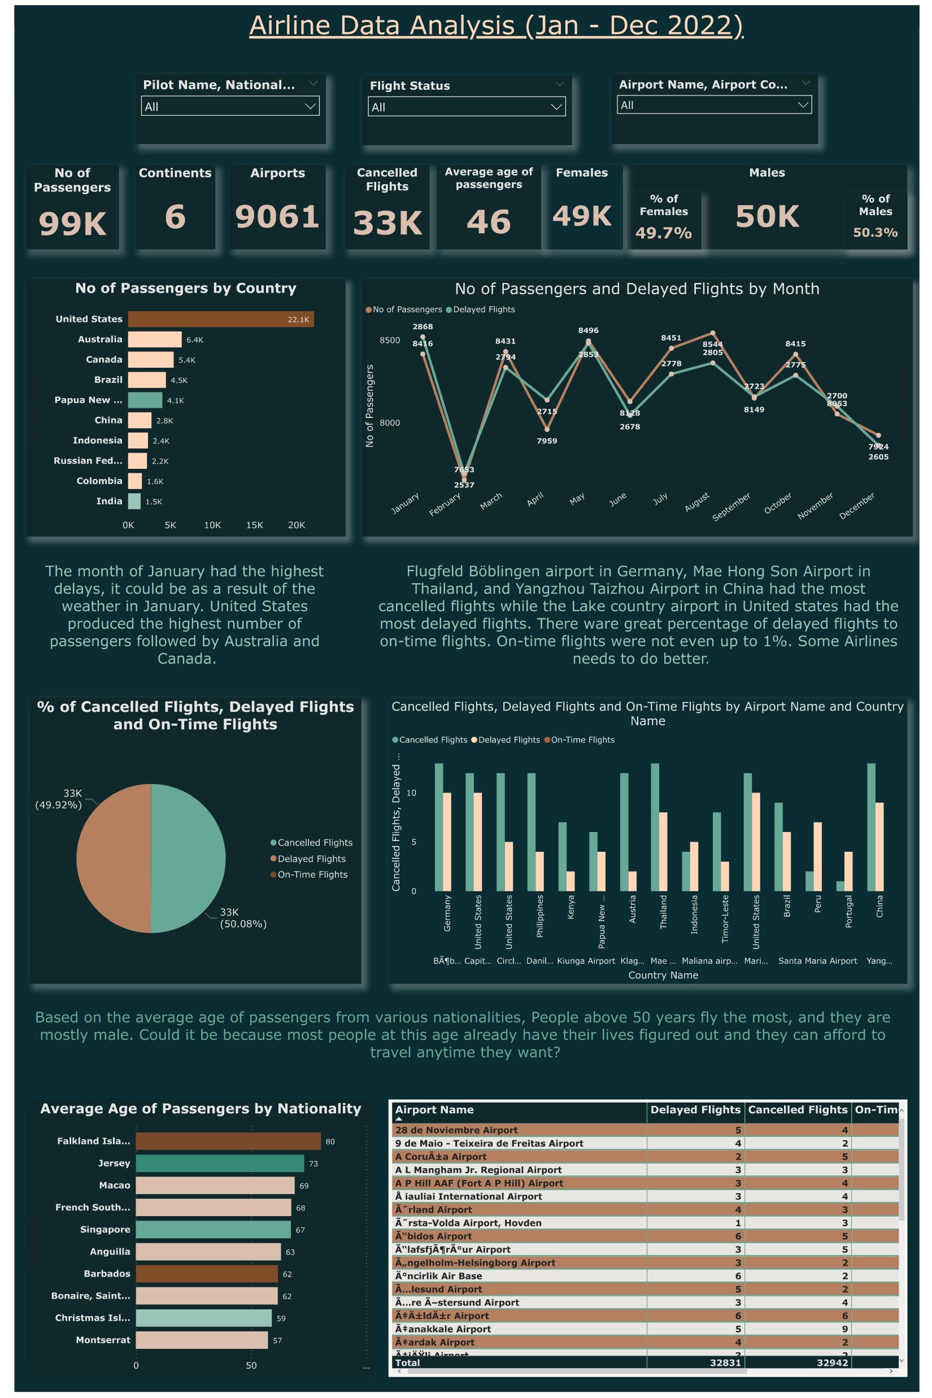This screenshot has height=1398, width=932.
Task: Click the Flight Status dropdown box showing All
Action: [x=466, y=107]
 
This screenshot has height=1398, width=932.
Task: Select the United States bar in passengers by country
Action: [x=220, y=319]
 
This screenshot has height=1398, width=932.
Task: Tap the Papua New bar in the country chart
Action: [x=145, y=400]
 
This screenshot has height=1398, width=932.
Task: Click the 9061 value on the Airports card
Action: [x=277, y=216]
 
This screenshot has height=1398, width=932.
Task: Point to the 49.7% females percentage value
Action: [x=663, y=232]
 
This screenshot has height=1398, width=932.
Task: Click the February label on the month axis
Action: [x=445, y=504]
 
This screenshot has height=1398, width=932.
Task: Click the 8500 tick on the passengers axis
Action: [x=390, y=341]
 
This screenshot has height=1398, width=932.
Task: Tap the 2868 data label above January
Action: [x=423, y=327]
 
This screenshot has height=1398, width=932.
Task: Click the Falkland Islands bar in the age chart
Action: [x=228, y=1141]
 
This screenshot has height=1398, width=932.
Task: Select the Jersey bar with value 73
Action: [x=219, y=1163]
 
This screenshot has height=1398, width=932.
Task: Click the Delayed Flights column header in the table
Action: [x=695, y=1110]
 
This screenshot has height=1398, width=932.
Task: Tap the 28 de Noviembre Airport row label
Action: [x=456, y=1130]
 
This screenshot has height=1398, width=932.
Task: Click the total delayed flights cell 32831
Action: [x=725, y=1362]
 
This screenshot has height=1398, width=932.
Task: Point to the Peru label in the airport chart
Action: [x=818, y=903]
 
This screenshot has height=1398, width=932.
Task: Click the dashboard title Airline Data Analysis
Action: [x=496, y=25]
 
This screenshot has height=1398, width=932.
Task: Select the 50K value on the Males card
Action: [x=766, y=216]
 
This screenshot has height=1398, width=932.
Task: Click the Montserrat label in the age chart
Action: [x=103, y=1340]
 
